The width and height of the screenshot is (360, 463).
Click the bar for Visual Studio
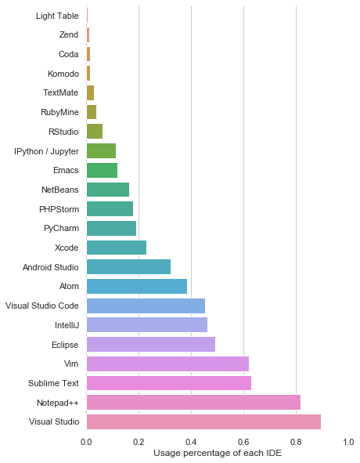tap(203, 421)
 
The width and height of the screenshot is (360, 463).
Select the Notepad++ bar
tap(193, 402)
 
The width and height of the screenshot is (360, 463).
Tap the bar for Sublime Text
tap(169, 383)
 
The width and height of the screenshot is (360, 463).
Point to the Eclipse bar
tap(151, 344)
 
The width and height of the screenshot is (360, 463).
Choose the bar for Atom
tap(137, 286)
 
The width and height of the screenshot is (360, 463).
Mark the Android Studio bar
tap(128, 266)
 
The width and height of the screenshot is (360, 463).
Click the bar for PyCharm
tap(111, 228)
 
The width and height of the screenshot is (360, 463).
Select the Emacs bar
tap(102, 170)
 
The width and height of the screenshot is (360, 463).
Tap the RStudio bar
tap(95, 131)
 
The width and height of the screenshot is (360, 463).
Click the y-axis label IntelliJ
tap(66, 324)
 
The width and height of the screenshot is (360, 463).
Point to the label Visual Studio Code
tap(42, 306)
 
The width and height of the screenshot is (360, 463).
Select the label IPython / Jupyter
tap(46, 150)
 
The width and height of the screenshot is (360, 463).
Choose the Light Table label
tap(57, 16)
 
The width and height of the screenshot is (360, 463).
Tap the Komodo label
tap(63, 74)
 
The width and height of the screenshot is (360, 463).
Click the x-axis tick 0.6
tap(243, 442)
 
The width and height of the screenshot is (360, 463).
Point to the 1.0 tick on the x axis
tap(348, 442)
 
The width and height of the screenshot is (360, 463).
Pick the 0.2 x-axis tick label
tap(139, 442)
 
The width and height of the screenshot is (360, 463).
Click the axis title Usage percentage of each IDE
tap(218, 454)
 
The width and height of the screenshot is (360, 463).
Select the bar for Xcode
tap(117, 248)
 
